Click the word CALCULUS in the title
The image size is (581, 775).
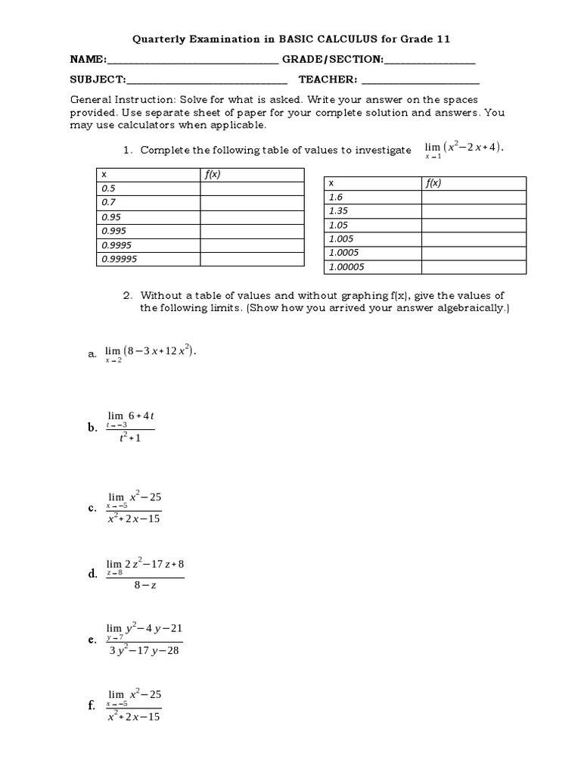345,39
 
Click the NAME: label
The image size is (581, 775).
89,60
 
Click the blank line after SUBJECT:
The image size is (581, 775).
207,81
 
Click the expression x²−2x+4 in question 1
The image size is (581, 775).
473,147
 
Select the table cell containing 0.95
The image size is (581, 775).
148,216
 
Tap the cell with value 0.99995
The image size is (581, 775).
148,259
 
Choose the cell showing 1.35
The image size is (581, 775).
372,211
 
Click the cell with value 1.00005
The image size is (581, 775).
372,266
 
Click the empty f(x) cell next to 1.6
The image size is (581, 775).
474,197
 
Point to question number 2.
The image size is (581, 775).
128,295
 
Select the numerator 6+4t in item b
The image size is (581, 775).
141,416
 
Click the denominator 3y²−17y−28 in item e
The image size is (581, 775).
144,651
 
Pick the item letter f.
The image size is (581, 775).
91,705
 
